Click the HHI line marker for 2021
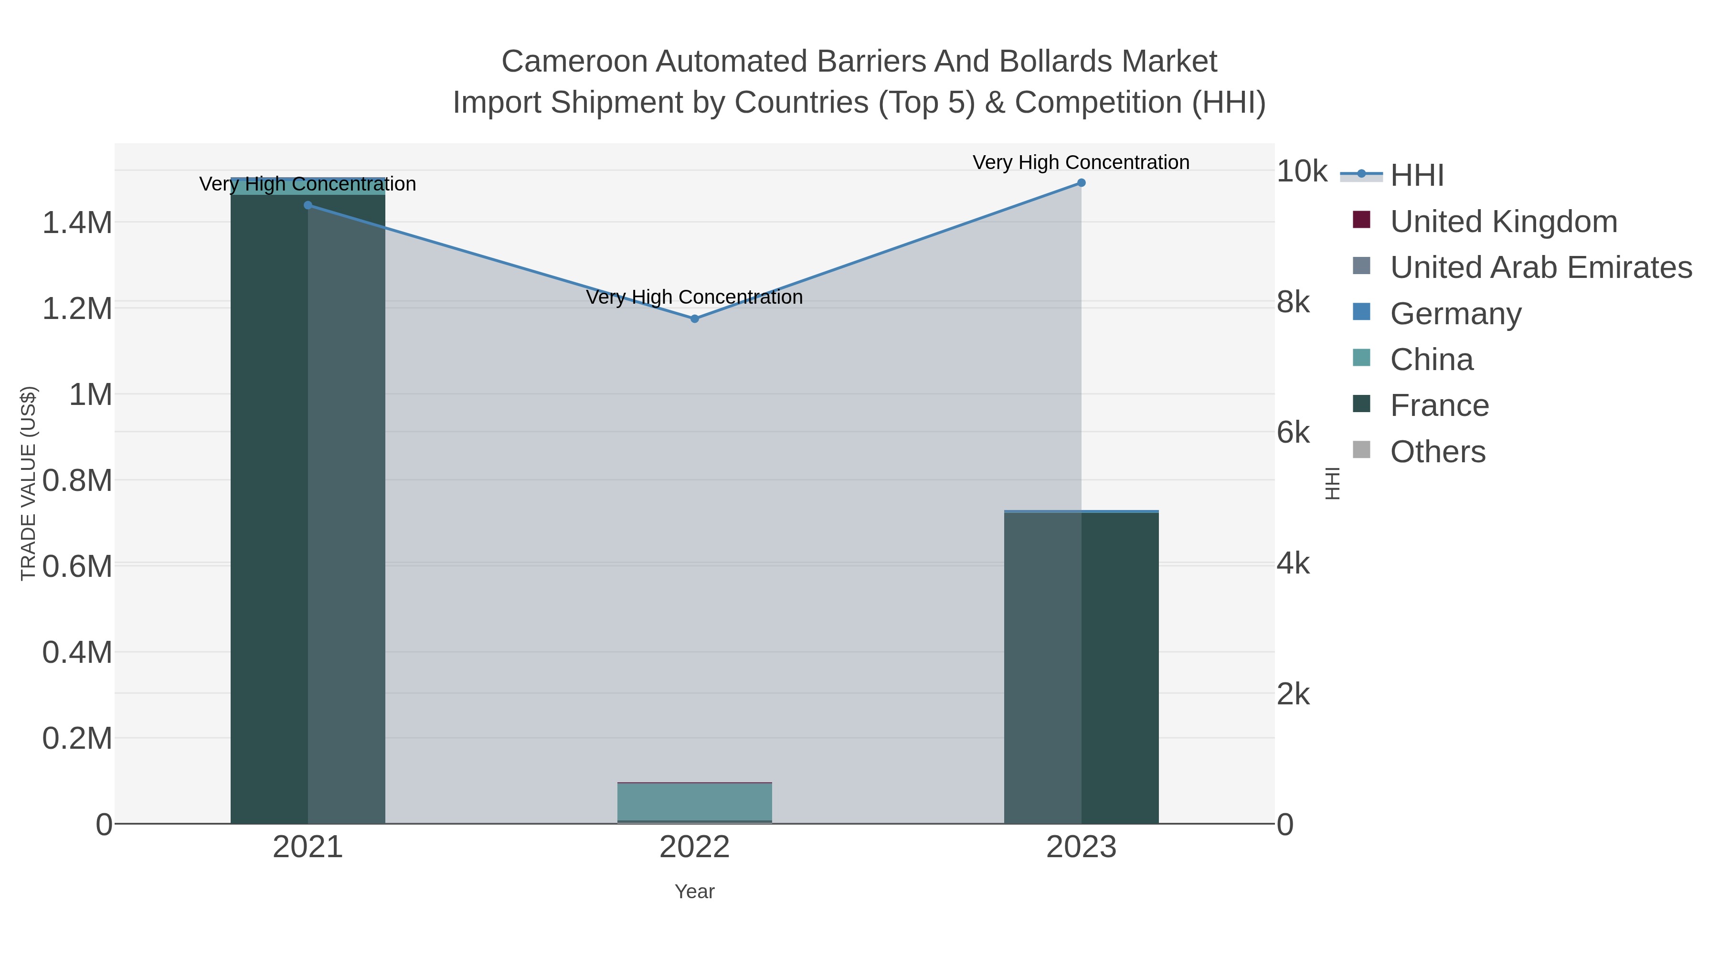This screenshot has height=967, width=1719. (x=308, y=205)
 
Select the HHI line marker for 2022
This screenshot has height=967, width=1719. (x=694, y=319)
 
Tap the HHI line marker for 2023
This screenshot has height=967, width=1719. (x=1081, y=183)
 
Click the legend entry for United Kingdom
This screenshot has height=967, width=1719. (x=1504, y=222)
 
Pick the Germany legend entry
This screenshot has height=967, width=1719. (x=1455, y=314)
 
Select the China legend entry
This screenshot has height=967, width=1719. (x=1432, y=360)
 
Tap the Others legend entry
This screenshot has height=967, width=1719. (x=1437, y=452)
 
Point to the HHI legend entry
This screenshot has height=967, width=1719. (x=1417, y=176)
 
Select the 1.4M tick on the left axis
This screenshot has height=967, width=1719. (x=77, y=222)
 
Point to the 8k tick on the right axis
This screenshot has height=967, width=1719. (x=1293, y=302)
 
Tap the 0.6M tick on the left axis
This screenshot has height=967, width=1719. (x=77, y=566)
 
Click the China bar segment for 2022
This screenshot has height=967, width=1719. (x=694, y=801)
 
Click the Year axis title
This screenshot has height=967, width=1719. (x=694, y=892)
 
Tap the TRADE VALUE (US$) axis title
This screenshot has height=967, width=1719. (x=28, y=483)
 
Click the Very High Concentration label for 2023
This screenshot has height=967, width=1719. (x=1081, y=163)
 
